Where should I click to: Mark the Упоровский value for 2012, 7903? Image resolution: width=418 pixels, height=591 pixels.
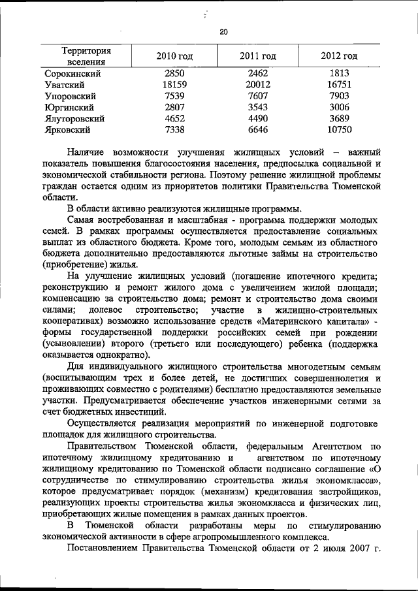tap(339, 97)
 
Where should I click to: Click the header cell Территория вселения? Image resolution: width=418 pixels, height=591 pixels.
tap(86, 56)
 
